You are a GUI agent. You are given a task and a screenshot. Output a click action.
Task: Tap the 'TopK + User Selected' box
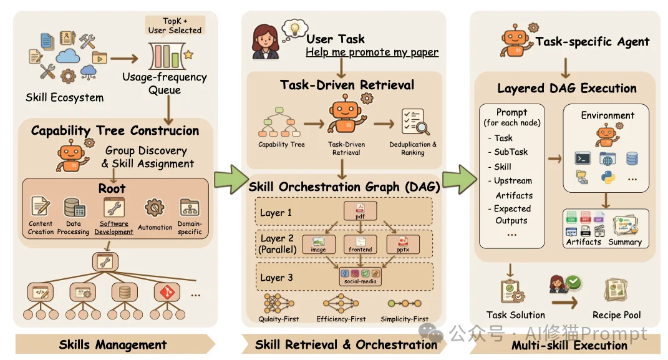tap(175, 25)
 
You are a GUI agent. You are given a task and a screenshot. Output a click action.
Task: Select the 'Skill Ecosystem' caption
tap(64, 97)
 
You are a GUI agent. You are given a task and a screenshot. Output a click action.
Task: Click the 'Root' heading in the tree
tap(112, 188)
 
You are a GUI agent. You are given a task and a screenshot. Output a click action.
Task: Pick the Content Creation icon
tap(41, 207)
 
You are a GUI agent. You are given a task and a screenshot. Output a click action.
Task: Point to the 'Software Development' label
tap(114, 227)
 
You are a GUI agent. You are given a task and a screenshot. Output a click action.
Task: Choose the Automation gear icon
tap(153, 208)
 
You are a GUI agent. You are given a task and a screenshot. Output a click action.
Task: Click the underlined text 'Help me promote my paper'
tap(372, 52)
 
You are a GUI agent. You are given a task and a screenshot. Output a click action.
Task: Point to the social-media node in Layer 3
tap(361, 276)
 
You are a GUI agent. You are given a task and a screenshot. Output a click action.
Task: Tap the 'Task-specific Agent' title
tap(593, 42)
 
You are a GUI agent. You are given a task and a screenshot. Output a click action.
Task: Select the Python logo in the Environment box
tap(607, 177)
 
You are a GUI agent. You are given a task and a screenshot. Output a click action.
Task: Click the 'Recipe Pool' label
tap(616, 314)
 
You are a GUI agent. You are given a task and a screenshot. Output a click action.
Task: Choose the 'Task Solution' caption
tap(515, 314)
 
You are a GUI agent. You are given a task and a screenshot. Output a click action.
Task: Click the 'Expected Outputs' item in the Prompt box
tap(512, 215)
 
